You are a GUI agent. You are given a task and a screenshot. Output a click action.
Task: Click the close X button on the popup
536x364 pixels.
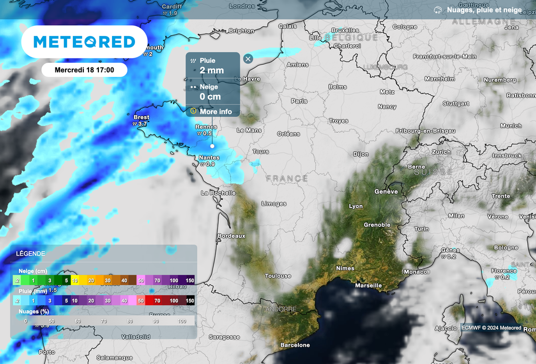click(x=248, y=59)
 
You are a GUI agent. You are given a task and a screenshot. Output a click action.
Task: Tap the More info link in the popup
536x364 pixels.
click(x=215, y=111)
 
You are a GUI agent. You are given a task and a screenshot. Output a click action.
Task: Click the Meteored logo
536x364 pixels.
click(x=84, y=42)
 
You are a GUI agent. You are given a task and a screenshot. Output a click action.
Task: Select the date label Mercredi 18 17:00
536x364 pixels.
click(x=84, y=70)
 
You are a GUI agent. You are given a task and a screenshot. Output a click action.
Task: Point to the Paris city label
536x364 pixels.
click(x=299, y=101)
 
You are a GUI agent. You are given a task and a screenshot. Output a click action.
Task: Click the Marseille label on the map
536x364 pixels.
click(x=368, y=286)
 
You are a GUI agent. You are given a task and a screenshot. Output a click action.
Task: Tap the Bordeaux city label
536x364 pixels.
click(x=231, y=236)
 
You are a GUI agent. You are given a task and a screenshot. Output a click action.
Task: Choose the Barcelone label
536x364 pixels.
click(x=295, y=345)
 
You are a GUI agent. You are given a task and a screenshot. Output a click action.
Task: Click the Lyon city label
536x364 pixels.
click(x=355, y=206)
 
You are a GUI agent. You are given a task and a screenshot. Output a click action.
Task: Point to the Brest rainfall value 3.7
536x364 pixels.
click(x=142, y=124)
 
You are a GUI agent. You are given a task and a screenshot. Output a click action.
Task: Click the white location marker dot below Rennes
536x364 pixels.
click(x=212, y=146)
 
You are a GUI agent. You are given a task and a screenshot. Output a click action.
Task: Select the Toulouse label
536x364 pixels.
click(x=277, y=276)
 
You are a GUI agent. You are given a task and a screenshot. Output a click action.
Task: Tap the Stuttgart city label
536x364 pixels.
click(x=456, y=104)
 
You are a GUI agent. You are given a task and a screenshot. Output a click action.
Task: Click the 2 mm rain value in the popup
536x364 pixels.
click(x=211, y=70)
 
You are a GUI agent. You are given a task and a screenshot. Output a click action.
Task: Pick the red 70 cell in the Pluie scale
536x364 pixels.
click(x=158, y=301)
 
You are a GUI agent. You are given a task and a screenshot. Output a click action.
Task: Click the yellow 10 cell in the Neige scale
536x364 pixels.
click(x=75, y=281)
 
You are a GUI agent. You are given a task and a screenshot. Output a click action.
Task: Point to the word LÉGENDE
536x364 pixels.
click(x=30, y=254)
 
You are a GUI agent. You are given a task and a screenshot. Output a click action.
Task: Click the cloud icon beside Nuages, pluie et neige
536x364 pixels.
click(x=438, y=10)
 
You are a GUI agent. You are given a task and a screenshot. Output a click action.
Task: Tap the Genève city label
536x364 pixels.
click(x=386, y=192)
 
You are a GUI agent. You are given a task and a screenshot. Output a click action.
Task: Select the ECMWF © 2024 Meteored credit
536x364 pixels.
click(x=491, y=328)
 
